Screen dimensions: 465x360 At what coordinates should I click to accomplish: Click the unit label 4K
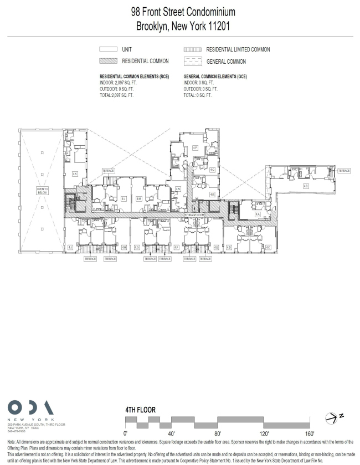click(x=75, y=173)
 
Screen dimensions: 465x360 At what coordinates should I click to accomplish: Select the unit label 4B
click(x=305, y=186)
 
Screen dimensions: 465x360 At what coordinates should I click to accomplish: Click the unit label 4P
click(x=195, y=148)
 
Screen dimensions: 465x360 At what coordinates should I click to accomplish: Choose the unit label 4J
click(x=70, y=247)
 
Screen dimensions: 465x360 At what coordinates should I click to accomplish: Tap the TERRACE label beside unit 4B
click(x=343, y=171)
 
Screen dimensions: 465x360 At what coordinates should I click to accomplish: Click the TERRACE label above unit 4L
click(x=109, y=171)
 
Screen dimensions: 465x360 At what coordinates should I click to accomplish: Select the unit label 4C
click(x=268, y=247)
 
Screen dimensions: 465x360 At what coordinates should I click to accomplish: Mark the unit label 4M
click(x=139, y=198)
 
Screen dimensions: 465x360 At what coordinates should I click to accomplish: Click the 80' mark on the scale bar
click(x=218, y=433)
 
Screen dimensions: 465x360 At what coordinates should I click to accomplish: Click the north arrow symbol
click(x=335, y=416)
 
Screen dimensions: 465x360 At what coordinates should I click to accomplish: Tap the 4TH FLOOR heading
click(x=141, y=410)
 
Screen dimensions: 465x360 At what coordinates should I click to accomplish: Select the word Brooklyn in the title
click(x=157, y=25)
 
